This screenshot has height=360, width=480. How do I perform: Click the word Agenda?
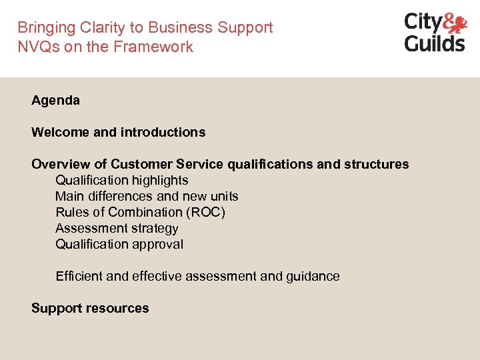(55, 101)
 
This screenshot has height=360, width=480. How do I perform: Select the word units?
(222, 196)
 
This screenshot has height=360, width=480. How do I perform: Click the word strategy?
(153, 228)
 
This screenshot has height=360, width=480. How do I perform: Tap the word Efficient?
(80, 276)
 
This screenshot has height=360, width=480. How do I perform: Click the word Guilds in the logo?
(435, 43)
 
